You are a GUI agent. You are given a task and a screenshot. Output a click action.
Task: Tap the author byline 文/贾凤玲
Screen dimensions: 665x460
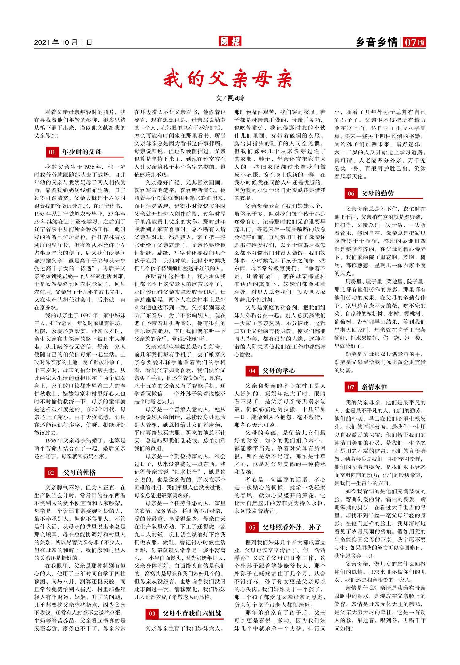(x=230, y=99)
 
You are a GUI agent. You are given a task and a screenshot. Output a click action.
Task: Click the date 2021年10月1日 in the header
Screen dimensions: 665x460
(x=63, y=42)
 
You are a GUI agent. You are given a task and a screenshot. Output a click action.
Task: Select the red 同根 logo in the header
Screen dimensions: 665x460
(x=230, y=41)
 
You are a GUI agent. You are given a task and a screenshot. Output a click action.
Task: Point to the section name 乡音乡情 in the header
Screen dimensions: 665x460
(x=377, y=42)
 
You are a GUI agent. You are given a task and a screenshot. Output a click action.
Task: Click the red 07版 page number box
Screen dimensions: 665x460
(x=414, y=42)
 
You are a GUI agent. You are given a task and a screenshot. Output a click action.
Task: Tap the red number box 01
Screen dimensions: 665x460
(x=52, y=152)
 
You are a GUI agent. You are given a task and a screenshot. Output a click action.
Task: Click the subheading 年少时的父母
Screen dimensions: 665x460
(x=82, y=152)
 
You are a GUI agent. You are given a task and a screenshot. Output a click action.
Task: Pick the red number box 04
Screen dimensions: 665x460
(x=252, y=371)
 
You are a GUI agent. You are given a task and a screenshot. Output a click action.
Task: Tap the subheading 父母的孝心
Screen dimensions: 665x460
(x=279, y=371)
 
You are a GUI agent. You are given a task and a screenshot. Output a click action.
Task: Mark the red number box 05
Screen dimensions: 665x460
(x=252, y=527)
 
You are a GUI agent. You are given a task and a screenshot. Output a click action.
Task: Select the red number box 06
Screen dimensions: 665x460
(x=351, y=193)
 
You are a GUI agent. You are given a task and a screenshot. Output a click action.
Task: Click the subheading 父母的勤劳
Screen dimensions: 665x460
(x=377, y=193)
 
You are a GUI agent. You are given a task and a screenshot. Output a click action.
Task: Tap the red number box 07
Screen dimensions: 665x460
(x=351, y=387)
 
